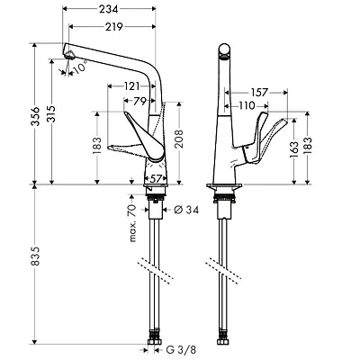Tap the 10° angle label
tap(81, 67)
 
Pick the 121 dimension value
tap(132, 85)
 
